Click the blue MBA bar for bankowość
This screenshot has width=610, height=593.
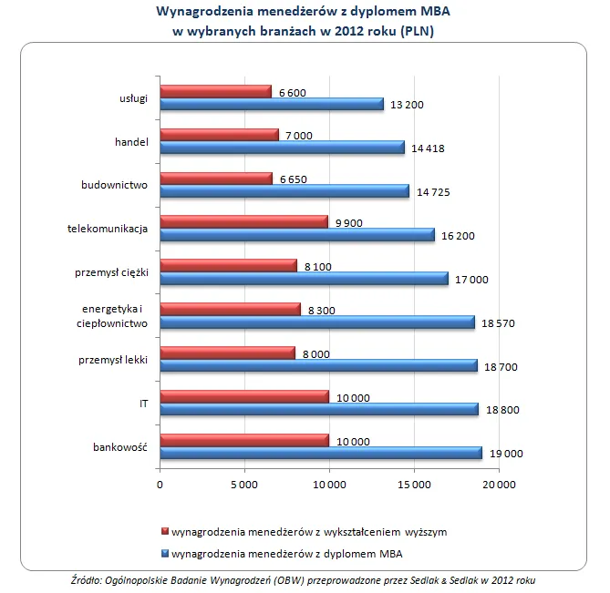pyautogui.click(x=320, y=453)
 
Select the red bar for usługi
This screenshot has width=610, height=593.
pyautogui.click(x=215, y=91)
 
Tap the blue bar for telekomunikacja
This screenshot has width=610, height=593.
pyautogui.click(x=296, y=235)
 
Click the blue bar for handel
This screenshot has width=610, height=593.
pyautogui.click(x=282, y=148)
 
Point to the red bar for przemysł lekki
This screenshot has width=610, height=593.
pyautogui.click(x=227, y=352)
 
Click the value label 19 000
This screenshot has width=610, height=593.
pyautogui.click(x=507, y=454)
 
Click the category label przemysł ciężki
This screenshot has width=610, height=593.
pyautogui.click(x=111, y=272)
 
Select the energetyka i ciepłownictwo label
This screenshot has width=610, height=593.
pyautogui.click(x=112, y=316)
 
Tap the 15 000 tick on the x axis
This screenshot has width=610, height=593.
pyautogui.click(x=414, y=484)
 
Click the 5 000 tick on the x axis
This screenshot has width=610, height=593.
pyautogui.click(x=244, y=484)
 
